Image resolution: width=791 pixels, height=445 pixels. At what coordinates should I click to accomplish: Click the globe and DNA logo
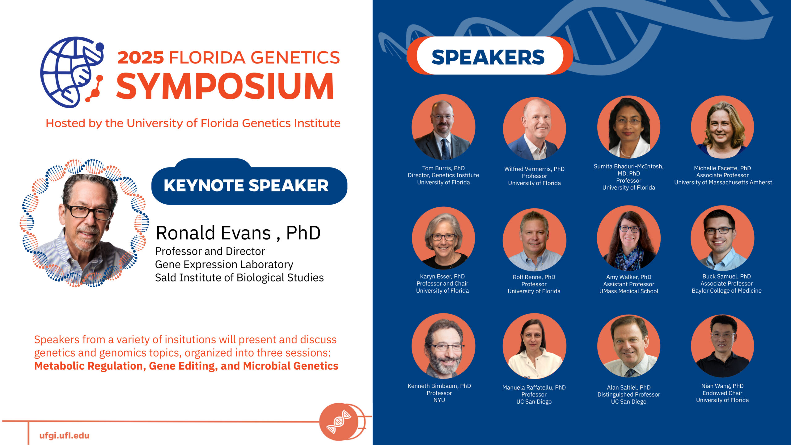tap(72, 72)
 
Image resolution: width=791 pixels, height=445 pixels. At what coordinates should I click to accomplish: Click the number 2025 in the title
tap(141, 58)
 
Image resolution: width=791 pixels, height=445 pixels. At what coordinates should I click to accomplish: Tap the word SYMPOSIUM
tap(225, 86)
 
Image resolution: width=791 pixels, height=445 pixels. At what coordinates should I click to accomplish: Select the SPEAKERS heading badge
tap(490, 56)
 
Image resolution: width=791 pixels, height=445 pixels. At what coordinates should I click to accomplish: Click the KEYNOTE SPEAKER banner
tap(249, 184)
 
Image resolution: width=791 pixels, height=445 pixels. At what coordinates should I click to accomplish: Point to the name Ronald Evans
tap(213, 233)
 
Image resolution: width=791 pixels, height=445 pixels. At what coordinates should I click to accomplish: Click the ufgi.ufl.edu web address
tap(64, 435)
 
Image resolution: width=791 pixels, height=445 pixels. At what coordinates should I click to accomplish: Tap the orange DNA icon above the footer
tap(339, 422)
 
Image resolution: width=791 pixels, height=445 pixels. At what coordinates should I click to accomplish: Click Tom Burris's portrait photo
tap(443, 127)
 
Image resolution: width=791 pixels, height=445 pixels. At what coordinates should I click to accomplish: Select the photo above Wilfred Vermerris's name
tap(535, 128)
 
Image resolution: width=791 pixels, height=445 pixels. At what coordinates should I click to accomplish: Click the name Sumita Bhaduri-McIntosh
tap(628, 166)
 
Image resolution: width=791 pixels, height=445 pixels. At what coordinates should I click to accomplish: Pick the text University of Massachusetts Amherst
tap(723, 182)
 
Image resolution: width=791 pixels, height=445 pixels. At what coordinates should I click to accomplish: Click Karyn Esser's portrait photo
tap(443, 238)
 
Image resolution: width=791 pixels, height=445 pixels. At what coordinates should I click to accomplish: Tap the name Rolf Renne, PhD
tap(534, 277)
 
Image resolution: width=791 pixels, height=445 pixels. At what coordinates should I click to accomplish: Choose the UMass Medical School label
tap(629, 291)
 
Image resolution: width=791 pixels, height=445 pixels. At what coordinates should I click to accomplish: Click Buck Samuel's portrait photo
tap(722, 238)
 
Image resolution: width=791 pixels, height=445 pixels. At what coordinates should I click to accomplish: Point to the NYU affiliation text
tap(439, 400)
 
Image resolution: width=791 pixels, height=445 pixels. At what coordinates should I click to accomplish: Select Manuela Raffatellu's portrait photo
tap(535, 346)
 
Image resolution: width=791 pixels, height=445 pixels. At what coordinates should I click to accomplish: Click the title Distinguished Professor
tap(628, 395)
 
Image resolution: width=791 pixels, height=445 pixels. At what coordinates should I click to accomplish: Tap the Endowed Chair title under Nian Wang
tap(722, 393)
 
